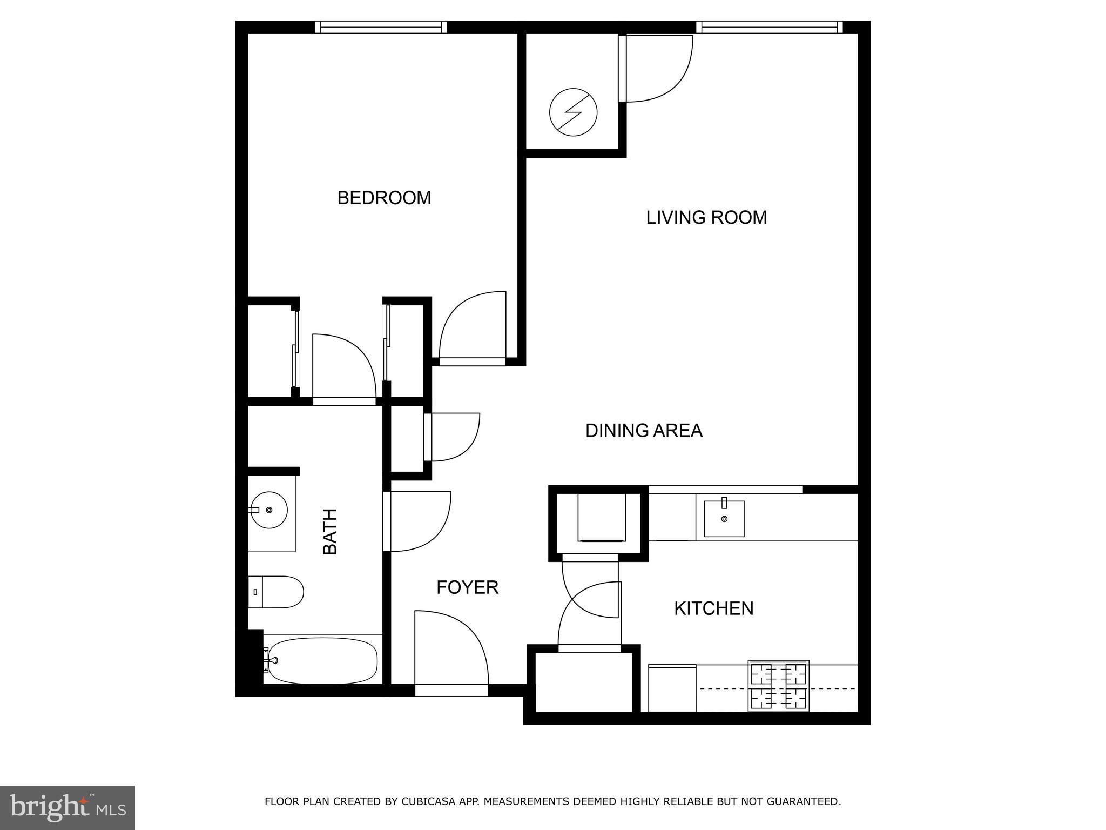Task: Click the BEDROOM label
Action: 384,198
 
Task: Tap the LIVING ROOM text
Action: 706,217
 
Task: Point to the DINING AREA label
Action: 644,431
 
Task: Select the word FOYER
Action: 467,587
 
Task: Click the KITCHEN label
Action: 713,608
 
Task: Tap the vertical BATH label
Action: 329,532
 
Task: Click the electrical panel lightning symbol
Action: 573,112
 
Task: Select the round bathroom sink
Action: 269,510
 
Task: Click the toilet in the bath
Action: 276,592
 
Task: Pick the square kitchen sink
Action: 724,519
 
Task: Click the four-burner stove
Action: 778,686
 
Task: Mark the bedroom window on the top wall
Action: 381,27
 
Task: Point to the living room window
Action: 769,27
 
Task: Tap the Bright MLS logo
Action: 67,808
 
